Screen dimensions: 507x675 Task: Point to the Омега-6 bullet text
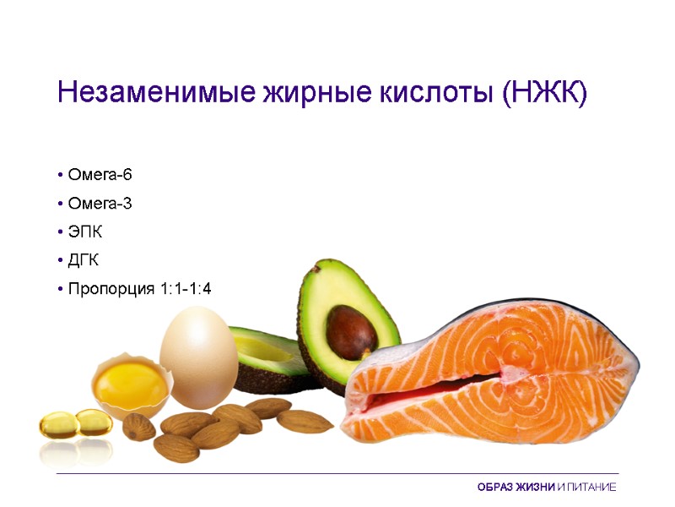100,175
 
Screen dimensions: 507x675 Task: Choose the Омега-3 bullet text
100,204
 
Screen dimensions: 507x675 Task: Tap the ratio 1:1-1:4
184,289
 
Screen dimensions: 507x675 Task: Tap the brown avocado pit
351,332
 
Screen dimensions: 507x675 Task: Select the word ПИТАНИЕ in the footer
591,488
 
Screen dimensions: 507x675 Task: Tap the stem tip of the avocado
316,269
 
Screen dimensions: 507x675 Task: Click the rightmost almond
305,421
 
